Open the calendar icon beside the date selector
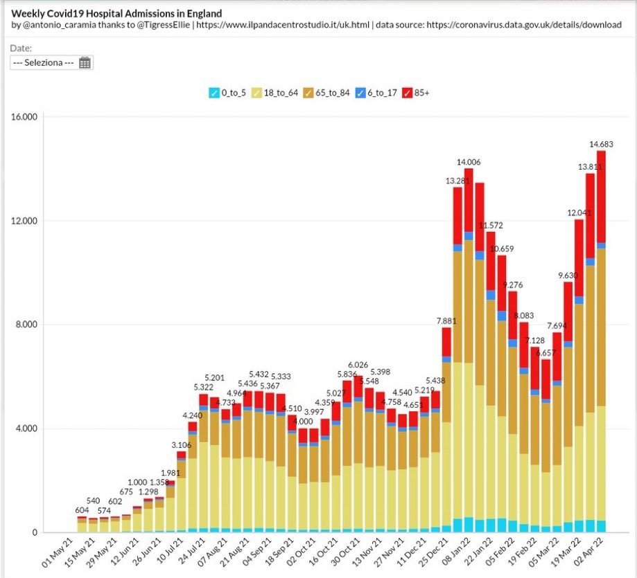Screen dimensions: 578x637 85,63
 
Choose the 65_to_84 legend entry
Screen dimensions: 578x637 329,93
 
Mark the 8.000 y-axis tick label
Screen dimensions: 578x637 26,325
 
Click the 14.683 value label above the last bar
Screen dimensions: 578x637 601,144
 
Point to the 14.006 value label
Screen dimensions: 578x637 469,162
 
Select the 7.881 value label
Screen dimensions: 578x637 446,320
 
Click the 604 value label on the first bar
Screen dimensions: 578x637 82,509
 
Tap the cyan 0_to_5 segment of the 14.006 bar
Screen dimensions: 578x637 469,525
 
